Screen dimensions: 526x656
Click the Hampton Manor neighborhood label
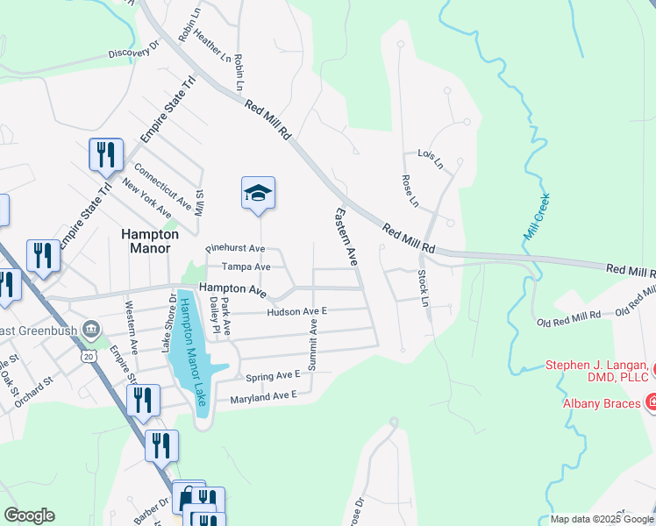tap(143, 241)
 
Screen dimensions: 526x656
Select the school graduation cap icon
tap(258, 193)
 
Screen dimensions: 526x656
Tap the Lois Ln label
tap(431, 159)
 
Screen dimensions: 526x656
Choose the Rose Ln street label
tap(409, 191)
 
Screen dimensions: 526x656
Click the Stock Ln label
tap(424, 288)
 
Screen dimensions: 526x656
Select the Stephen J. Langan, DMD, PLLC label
tap(596, 371)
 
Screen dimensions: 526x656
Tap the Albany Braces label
tap(602, 403)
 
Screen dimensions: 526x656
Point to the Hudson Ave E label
tap(296, 311)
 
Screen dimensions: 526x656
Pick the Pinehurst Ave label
tap(235, 249)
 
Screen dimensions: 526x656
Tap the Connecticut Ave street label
tap(162, 187)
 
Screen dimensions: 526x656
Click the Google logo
tap(29, 515)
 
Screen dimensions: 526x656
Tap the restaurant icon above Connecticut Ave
tap(103, 155)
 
